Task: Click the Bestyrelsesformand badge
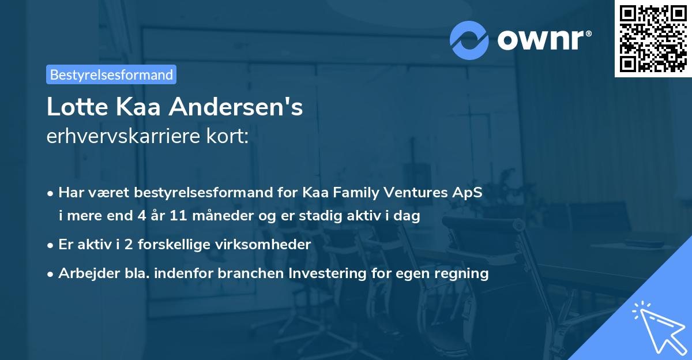[x=111, y=74]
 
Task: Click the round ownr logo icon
[x=469, y=40]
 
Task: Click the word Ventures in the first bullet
[x=416, y=193]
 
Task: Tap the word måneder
[x=217, y=216]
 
